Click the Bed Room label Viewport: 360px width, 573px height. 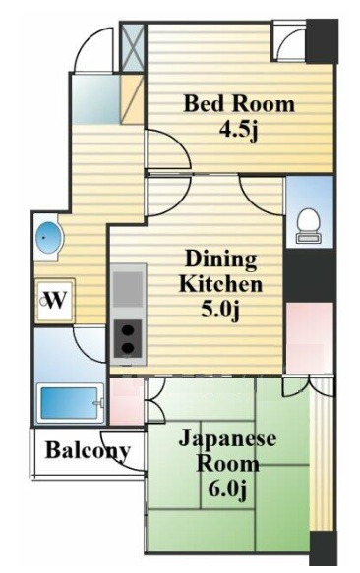[239, 104]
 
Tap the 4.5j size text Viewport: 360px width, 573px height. [239, 130]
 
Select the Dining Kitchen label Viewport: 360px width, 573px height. [220, 271]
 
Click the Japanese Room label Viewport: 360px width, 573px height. [227, 451]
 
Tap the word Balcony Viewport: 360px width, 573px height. [88, 451]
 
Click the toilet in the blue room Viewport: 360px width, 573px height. [309, 225]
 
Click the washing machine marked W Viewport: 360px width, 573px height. [55, 301]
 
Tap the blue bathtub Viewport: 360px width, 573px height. [71, 403]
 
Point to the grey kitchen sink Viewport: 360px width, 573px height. [128, 289]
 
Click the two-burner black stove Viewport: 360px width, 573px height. [128, 339]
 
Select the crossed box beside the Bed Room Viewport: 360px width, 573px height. [133, 47]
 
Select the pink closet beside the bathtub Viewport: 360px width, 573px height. [127, 402]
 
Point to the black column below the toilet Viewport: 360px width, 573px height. [309, 275]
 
